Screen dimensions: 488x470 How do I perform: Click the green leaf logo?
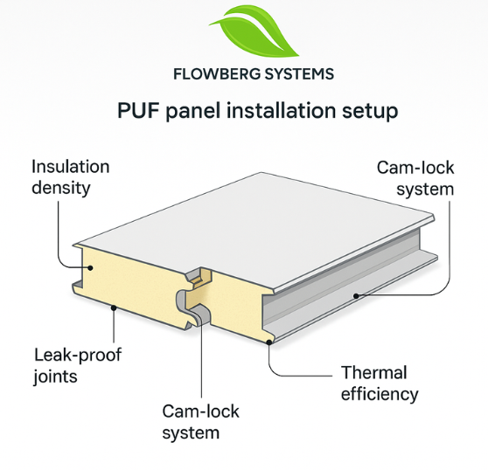click(x=254, y=32)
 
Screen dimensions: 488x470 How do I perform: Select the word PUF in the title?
click(x=138, y=110)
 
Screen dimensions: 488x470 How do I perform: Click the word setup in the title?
click(x=370, y=111)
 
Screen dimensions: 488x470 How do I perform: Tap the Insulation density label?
click(x=70, y=177)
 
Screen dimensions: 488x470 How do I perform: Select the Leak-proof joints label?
click(x=78, y=365)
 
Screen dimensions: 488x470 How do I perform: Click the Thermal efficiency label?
click(x=380, y=384)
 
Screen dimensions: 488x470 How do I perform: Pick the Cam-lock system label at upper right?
click(x=415, y=178)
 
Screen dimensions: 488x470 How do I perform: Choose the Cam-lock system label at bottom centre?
click(x=200, y=422)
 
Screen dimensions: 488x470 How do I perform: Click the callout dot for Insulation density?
click(x=90, y=267)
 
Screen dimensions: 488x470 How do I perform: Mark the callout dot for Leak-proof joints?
click(x=114, y=308)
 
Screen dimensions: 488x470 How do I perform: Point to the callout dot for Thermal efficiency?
click(x=268, y=342)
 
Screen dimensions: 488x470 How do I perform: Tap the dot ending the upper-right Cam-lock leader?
click(x=356, y=296)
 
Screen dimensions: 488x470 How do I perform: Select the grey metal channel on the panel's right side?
click(x=349, y=286)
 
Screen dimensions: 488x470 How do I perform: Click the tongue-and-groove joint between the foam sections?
click(x=197, y=295)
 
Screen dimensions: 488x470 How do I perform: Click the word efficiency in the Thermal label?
click(x=380, y=394)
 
